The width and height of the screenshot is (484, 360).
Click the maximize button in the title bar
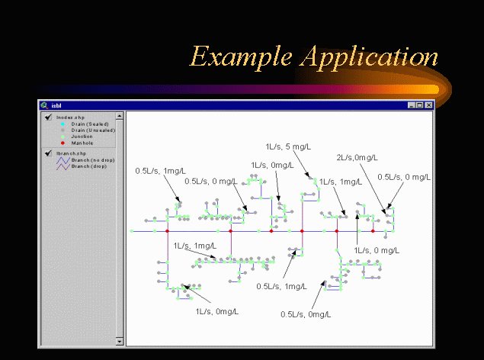click(420, 104)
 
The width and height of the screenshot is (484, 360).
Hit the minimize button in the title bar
click(412, 104)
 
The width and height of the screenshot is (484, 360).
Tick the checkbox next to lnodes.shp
click(48, 117)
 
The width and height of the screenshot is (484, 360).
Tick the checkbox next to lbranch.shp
click(48, 154)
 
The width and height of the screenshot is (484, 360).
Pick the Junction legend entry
click(82, 137)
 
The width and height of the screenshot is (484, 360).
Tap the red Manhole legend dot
click(62, 143)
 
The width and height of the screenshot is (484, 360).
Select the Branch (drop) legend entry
click(85, 166)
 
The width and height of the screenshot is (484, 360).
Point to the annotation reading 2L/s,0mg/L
click(355, 157)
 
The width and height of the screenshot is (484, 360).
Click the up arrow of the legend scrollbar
click(120, 115)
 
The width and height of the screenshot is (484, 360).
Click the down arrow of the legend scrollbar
click(120, 341)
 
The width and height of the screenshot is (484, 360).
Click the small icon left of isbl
click(45, 104)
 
